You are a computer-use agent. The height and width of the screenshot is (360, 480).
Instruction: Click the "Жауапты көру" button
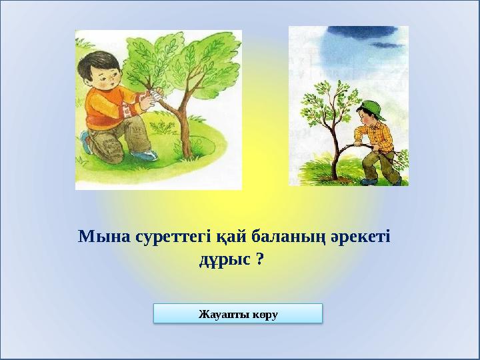(x=238, y=313)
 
